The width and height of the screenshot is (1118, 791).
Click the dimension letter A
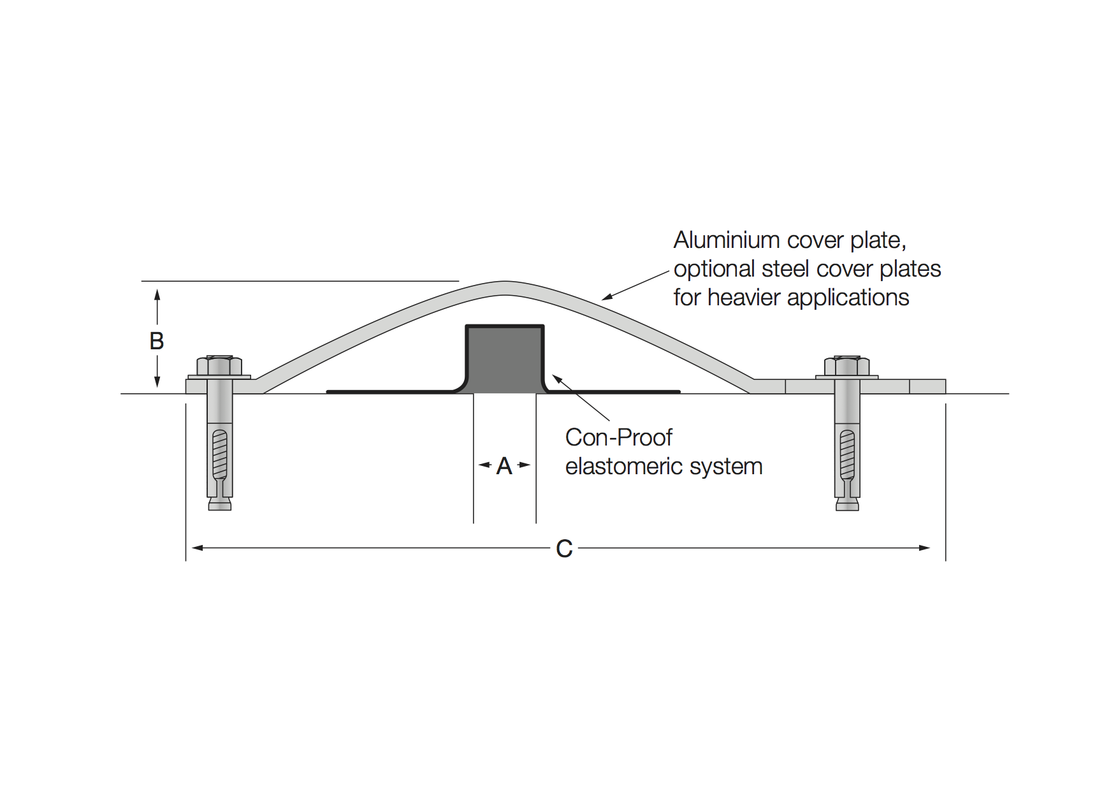[x=504, y=466]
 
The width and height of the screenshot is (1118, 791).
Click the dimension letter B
[x=157, y=341]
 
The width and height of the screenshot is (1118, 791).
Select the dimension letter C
[x=564, y=549]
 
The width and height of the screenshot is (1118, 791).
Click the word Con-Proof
[x=619, y=437]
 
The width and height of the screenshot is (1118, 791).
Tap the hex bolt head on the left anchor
[x=219, y=365]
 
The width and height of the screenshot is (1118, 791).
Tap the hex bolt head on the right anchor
[x=847, y=365]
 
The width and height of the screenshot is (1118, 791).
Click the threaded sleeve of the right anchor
[x=847, y=454]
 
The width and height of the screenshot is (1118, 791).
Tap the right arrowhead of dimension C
[x=924, y=548]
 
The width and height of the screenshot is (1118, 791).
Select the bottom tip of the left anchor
[x=220, y=509]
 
